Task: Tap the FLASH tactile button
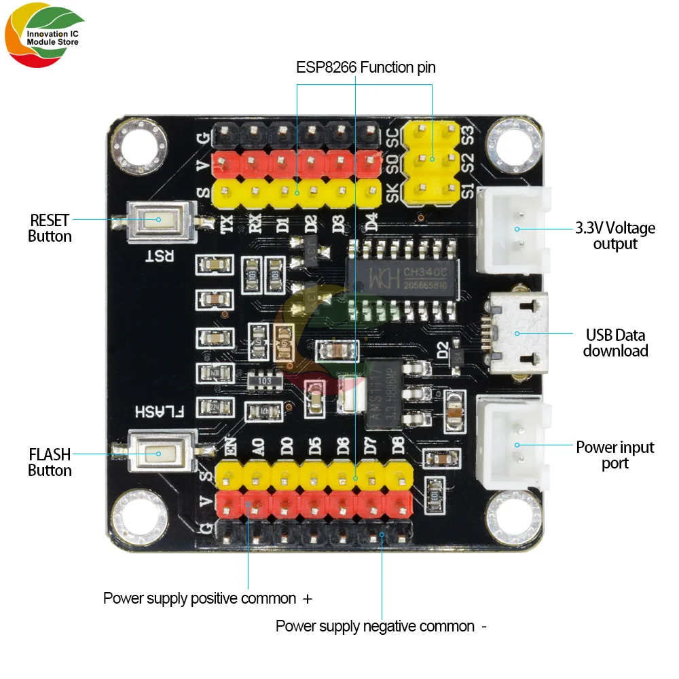pyautogui.click(x=158, y=454)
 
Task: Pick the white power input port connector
pyautogui.click(x=514, y=445)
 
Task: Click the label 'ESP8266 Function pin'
pyautogui.click(x=365, y=67)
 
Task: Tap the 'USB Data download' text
pyautogui.click(x=615, y=343)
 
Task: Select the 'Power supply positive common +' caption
pyautogui.click(x=207, y=599)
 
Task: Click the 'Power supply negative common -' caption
pyautogui.click(x=381, y=626)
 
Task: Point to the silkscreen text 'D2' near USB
pyautogui.click(x=443, y=353)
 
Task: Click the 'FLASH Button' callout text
pyautogui.click(x=50, y=462)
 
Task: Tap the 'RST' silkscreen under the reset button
pyautogui.click(x=162, y=255)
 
